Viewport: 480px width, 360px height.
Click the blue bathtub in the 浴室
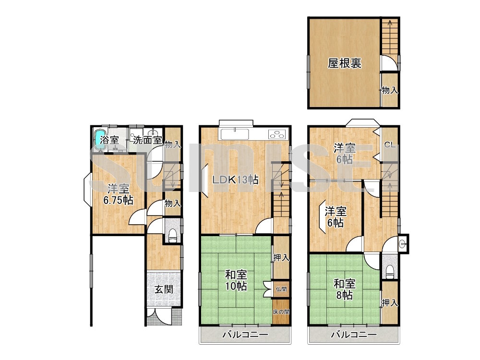tap(100, 139)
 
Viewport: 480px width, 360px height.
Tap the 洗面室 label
tap(147, 140)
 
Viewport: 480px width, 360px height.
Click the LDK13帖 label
tap(236, 180)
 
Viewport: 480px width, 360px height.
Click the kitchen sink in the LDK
tap(235, 133)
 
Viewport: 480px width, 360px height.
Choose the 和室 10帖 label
tap(236, 280)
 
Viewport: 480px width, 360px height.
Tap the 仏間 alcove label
tap(281, 289)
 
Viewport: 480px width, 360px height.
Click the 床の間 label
tap(281, 312)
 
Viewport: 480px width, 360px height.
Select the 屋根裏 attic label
tap(345, 63)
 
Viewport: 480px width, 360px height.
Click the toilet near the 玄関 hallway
tap(172, 235)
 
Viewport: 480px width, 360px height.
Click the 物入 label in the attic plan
tap(389, 90)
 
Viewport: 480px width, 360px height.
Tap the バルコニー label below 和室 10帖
tap(245, 335)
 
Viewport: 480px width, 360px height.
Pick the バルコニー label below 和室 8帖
tap(353, 335)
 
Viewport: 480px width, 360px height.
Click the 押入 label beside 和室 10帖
tap(281, 258)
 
